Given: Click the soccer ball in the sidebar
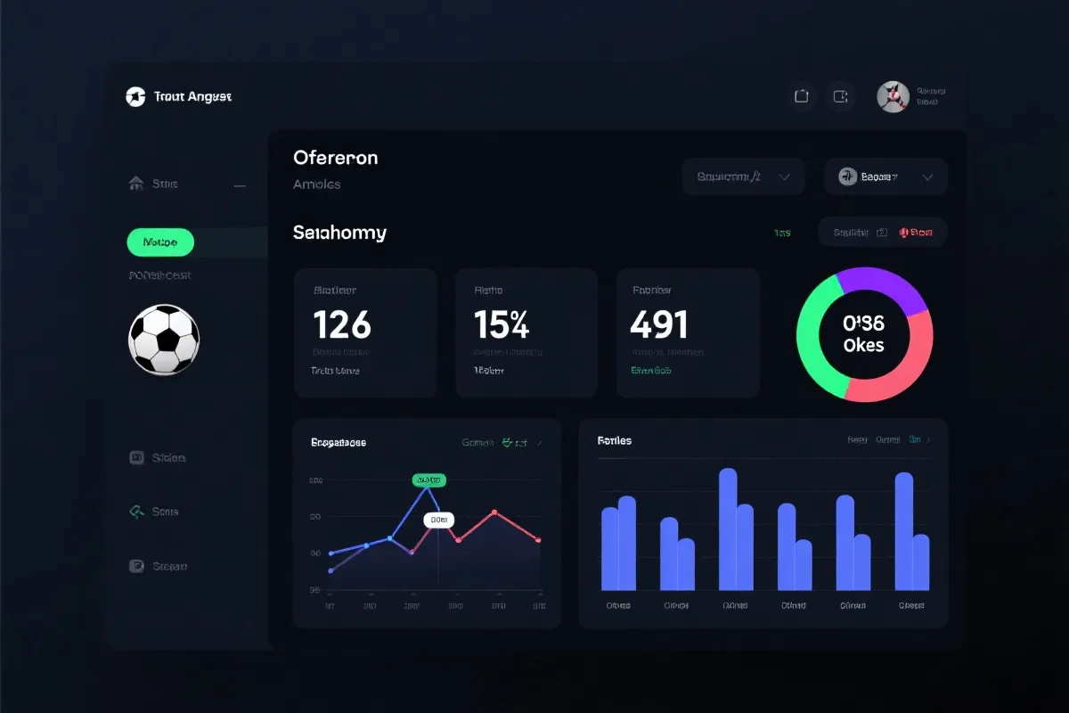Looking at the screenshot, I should coord(164,340).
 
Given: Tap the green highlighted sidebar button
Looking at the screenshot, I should coord(160,242).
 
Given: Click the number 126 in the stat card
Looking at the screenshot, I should coord(342,325).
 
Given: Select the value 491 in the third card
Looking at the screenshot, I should coord(658,325).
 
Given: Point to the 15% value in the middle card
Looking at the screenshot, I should coord(502,325).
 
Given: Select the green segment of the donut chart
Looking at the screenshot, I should coord(813,339).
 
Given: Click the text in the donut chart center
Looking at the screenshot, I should coord(863,334).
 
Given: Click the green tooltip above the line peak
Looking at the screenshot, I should coord(428,480).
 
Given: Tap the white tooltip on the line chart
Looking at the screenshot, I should coord(438,520).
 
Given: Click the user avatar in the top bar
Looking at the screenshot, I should coord(893,97).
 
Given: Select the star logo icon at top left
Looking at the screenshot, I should coord(135,96).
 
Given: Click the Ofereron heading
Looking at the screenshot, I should coord(335,158).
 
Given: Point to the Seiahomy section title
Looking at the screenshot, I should coord(339,233).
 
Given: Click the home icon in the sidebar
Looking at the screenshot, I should coord(136,184).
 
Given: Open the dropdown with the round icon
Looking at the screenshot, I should coord(885,176).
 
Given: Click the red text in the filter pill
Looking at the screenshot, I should coord(917,233).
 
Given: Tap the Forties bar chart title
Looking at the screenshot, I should coord(614,440).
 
